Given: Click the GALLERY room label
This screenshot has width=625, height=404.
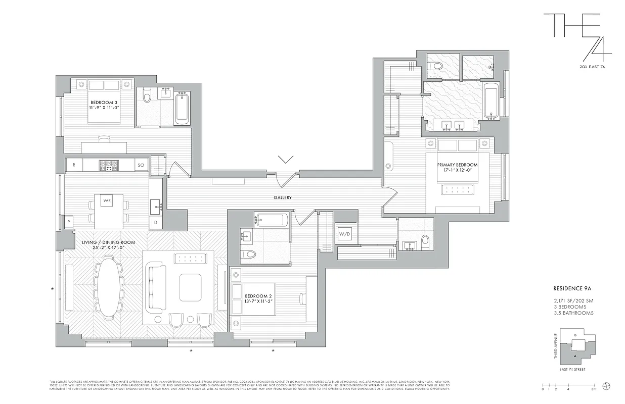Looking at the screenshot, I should [283, 197].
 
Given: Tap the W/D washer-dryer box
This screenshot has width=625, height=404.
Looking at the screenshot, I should [344, 234].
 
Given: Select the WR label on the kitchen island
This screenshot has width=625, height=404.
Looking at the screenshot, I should [107, 200].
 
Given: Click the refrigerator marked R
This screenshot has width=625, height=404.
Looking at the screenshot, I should [74, 165].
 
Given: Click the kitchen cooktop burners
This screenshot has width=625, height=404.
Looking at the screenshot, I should [108, 165].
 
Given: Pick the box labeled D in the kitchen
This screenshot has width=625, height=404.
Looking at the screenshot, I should [156, 222].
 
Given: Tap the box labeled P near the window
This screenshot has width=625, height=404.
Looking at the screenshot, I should [68, 222].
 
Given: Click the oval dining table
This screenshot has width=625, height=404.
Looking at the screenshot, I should [109, 287].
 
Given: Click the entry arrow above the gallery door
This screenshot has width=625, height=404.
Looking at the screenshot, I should [286, 160].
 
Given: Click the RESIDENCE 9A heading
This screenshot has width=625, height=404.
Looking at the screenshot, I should [572, 289].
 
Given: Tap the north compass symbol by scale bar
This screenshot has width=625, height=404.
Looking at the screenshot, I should [607, 385].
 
